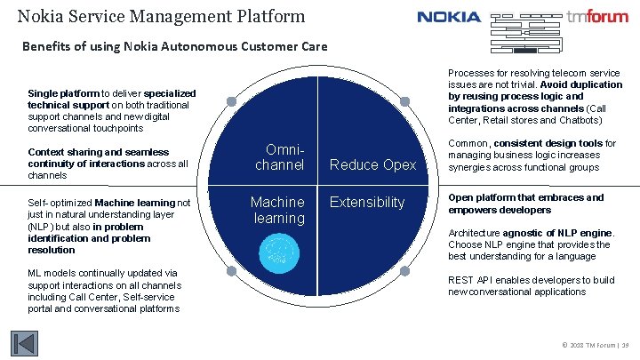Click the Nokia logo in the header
click(x=449, y=17)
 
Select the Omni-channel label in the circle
click(x=279, y=157)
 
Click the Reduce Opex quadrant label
click(x=372, y=164)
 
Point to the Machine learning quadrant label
click(x=278, y=210)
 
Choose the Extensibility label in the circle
click(x=367, y=203)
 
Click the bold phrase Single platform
click(x=63, y=93)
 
